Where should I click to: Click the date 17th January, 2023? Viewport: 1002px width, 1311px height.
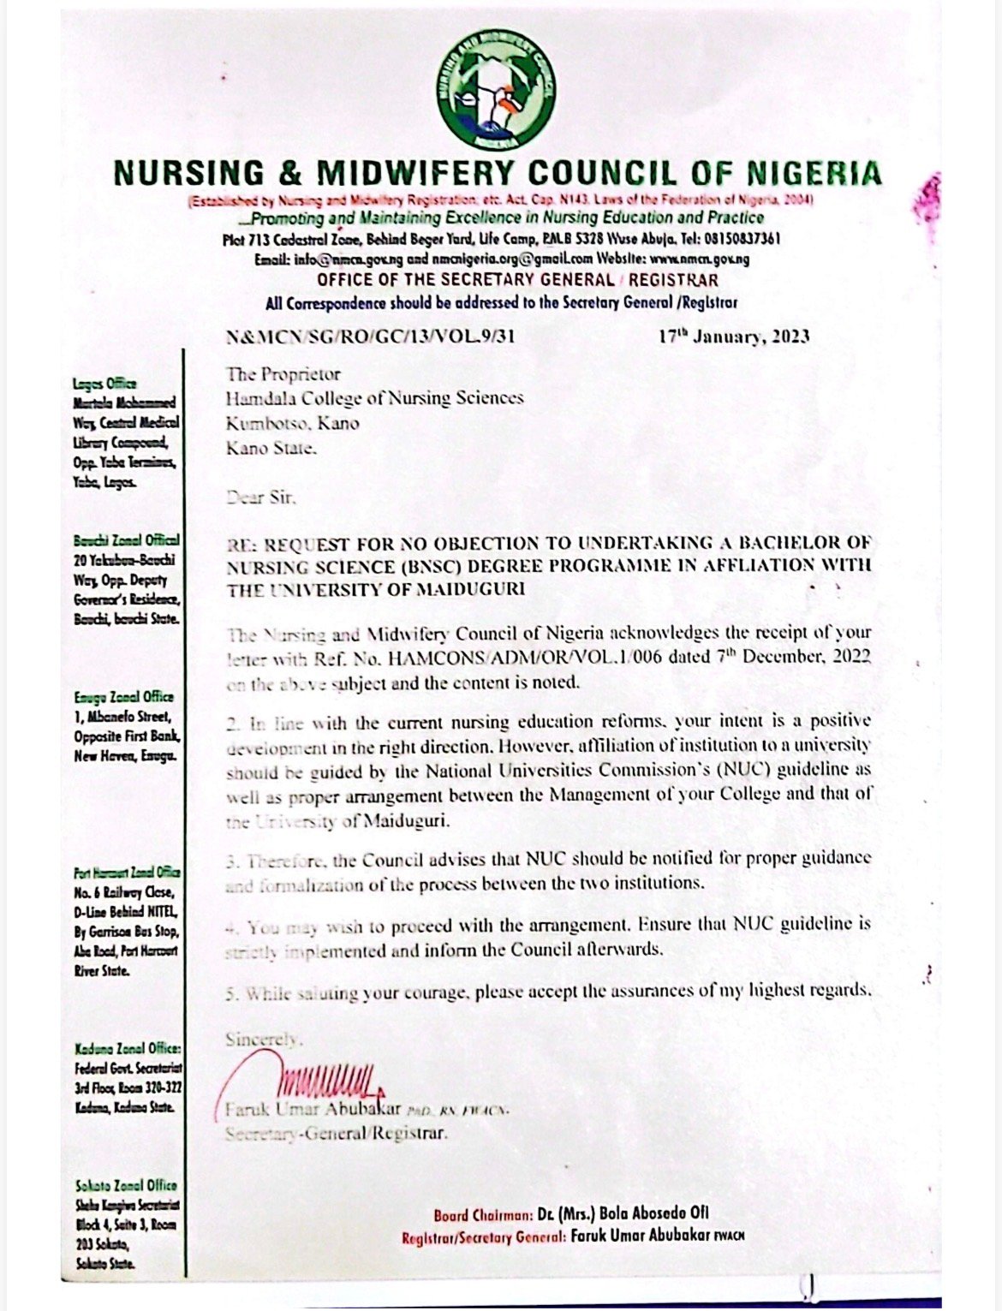[733, 337]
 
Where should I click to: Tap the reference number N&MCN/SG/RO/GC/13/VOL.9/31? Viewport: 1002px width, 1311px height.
[371, 337]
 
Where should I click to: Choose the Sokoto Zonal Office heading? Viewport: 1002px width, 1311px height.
[125, 1185]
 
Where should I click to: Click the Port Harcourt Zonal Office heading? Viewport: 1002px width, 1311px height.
[127, 873]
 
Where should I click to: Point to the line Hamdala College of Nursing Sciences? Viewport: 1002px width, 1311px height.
[374, 398]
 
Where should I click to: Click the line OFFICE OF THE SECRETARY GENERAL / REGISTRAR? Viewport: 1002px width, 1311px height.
[517, 280]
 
